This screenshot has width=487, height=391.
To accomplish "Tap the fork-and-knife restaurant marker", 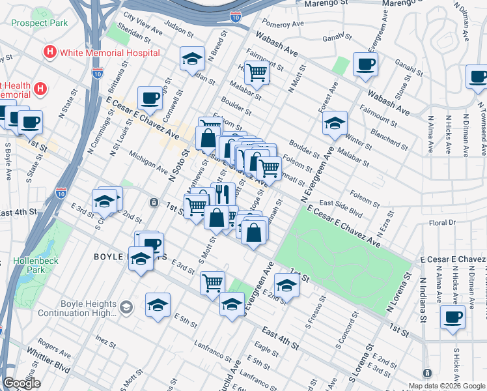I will pyautogui.click(x=223, y=194).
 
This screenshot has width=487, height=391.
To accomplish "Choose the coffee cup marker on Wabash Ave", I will pyautogui.click(x=365, y=65).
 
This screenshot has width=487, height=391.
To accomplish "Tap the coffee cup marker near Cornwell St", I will pyautogui.click(x=150, y=98).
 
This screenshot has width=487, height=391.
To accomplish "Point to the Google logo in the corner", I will pyautogui.click(x=22, y=383).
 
